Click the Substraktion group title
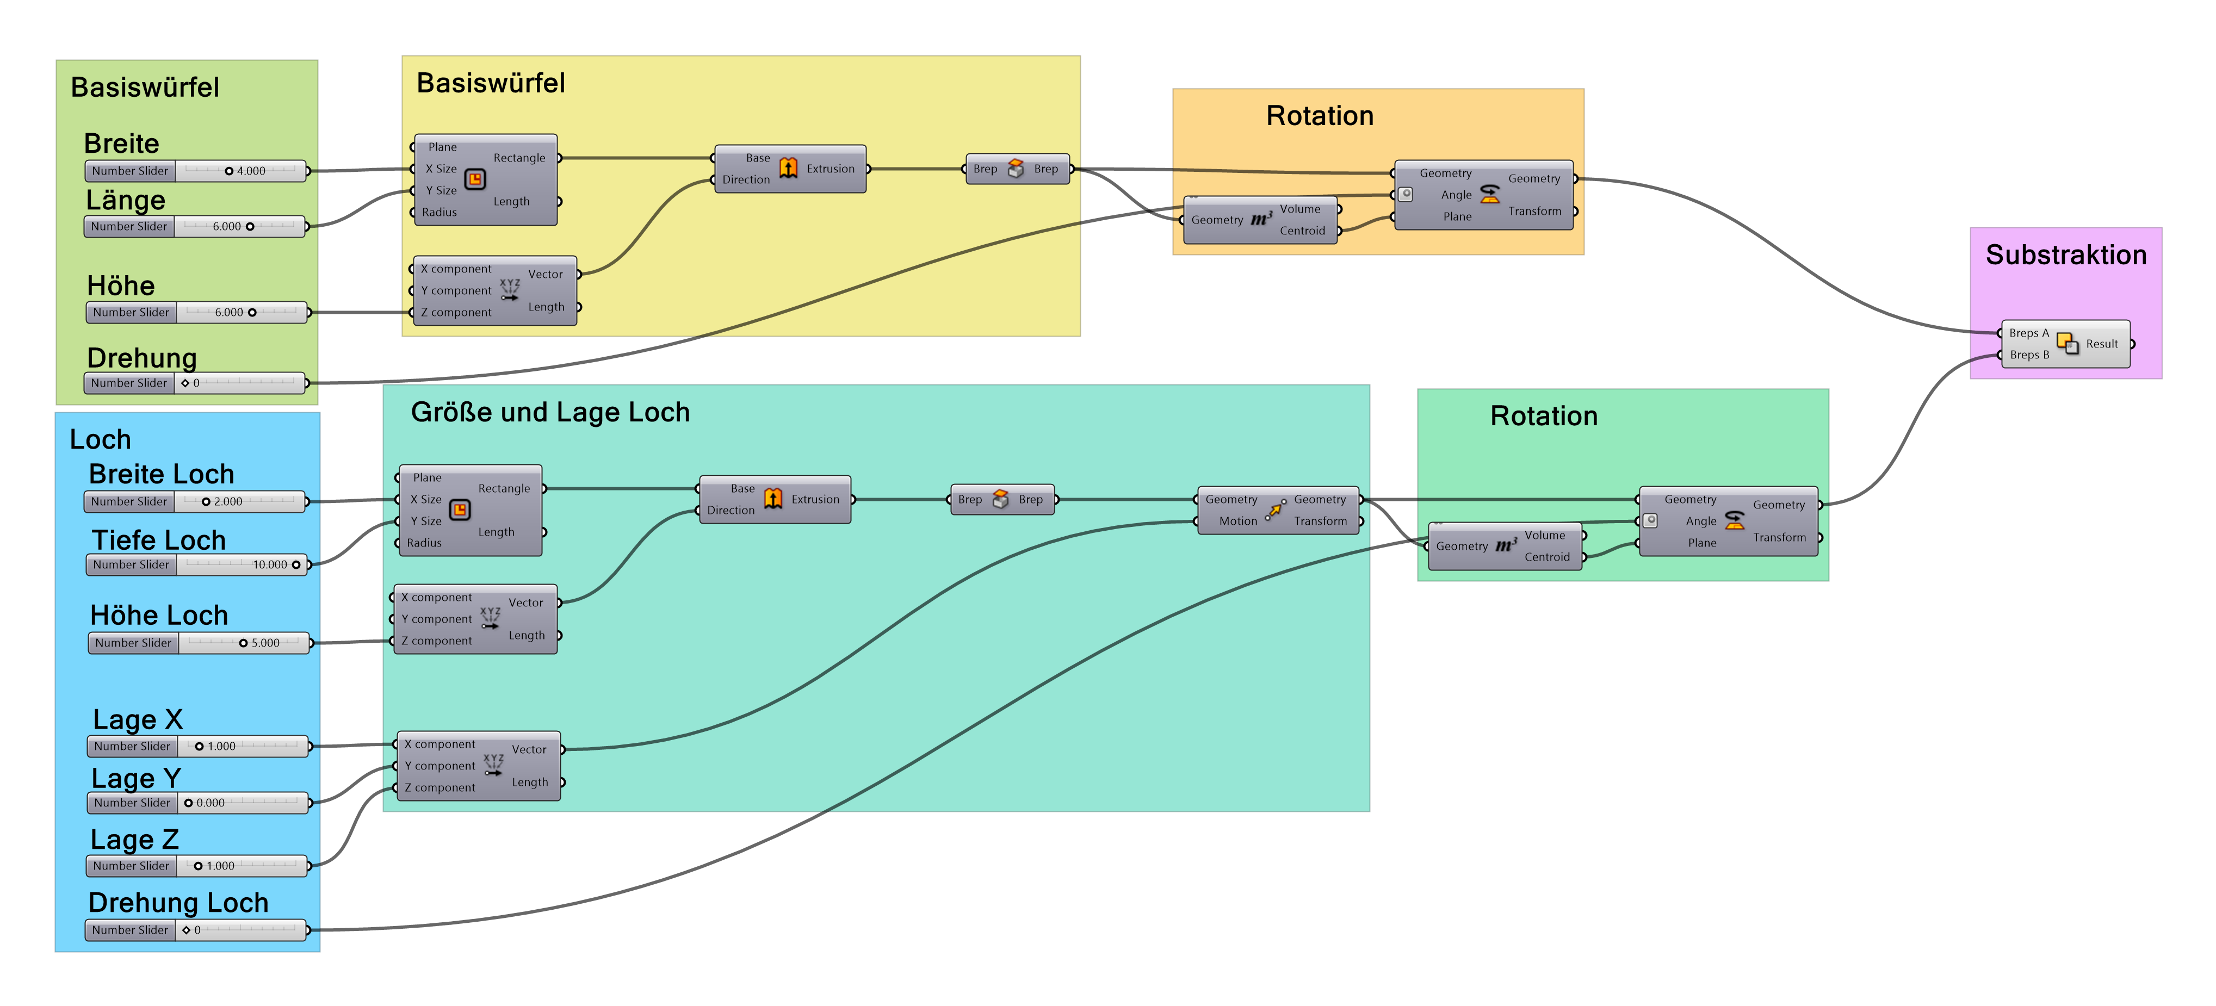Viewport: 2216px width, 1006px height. click(x=2065, y=256)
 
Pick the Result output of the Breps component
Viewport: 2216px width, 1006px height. click(x=2102, y=344)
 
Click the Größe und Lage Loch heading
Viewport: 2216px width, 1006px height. click(x=550, y=413)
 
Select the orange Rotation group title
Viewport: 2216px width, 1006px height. click(x=1320, y=116)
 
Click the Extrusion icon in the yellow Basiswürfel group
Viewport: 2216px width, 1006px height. click(x=788, y=169)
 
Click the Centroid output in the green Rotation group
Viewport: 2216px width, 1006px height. click(x=1547, y=557)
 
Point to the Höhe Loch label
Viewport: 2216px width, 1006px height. click(x=159, y=616)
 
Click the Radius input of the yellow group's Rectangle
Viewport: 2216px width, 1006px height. click(x=439, y=213)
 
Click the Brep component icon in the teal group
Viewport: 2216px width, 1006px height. click(x=1000, y=500)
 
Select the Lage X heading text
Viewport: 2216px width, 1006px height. click(x=138, y=719)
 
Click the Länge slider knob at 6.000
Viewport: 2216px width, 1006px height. click(x=250, y=227)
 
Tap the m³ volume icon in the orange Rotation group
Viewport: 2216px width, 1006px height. click(x=1261, y=219)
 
